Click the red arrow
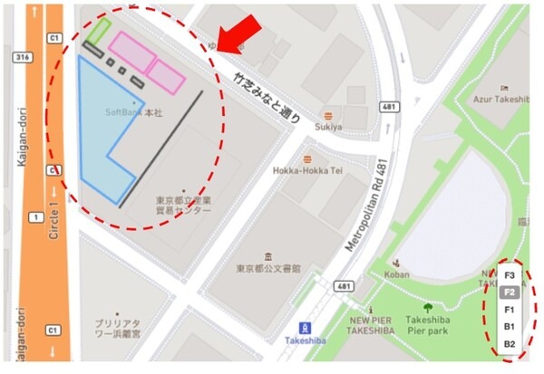(243, 31)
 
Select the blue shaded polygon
(102, 136)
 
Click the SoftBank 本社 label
(133, 111)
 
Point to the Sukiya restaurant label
(328, 127)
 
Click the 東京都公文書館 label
(268, 269)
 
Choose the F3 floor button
(510, 275)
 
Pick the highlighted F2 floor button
(510, 292)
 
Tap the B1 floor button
(510, 327)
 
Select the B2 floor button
(510, 344)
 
